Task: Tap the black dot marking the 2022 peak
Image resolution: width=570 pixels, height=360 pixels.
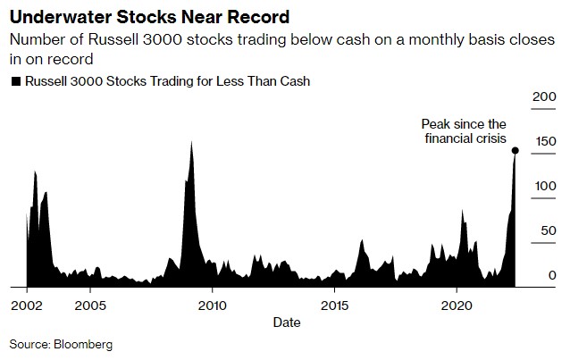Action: (515, 150)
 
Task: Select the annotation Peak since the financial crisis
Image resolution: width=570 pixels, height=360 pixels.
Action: (464, 132)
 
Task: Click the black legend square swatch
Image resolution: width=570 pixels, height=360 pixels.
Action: (15, 81)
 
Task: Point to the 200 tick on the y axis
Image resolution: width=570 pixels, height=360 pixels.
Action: (543, 96)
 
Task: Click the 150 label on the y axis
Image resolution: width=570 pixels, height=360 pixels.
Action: (543, 141)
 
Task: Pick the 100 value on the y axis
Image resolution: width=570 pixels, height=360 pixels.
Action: (543, 186)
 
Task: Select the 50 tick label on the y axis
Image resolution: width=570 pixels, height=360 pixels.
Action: (547, 230)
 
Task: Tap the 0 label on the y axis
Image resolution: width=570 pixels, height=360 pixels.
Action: (551, 275)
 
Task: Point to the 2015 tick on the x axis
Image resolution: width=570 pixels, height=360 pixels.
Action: (334, 304)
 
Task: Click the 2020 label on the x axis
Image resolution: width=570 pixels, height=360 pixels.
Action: (457, 304)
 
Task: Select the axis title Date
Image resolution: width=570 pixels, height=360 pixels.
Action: (286, 321)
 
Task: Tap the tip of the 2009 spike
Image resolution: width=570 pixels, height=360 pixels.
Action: (191, 141)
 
